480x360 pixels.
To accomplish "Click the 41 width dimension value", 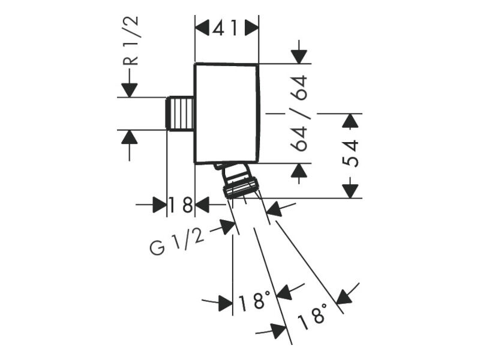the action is click(x=226, y=29).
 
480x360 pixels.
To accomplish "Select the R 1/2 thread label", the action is click(x=131, y=41).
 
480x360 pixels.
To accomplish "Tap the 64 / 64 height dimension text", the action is click(x=298, y=113).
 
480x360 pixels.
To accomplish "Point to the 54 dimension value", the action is click(x=350, y=154).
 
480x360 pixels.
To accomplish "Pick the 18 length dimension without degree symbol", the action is click(x=181, y=205).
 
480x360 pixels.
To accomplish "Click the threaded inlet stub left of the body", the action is click(x=179, y=113).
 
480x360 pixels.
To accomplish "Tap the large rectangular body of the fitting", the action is click(x=227, y=113).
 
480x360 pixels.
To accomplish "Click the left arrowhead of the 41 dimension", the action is click(x=202, y=28).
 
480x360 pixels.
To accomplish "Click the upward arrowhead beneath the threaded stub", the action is click(x=130, y=137).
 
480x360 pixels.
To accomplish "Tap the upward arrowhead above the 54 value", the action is click(x=350, y=121).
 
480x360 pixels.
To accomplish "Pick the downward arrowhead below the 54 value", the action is click(x=350, y=191).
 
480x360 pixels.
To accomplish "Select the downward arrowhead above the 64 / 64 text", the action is click(x=299, y=56).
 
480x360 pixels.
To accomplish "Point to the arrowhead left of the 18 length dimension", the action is click(x=160, y=205).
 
